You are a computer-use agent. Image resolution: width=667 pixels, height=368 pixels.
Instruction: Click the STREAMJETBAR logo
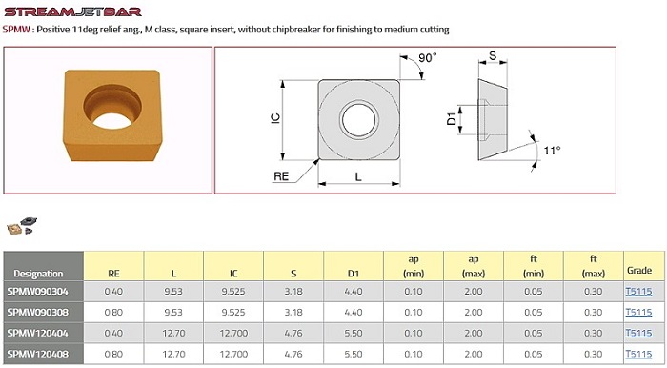(72, 11)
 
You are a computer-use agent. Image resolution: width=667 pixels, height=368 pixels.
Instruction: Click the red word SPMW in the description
(17, 30)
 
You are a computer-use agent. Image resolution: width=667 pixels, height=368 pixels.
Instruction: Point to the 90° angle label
(427, 57)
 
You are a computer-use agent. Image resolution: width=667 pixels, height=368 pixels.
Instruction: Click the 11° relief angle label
(552, 151)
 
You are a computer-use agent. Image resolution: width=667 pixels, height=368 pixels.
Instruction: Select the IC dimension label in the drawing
(275, 118)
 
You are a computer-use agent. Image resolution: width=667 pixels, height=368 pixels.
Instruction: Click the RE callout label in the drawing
(281, 176)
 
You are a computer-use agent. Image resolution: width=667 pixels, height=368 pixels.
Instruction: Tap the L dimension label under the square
(358, 176)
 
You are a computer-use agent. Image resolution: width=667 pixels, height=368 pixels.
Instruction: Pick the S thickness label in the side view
(493, 55)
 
